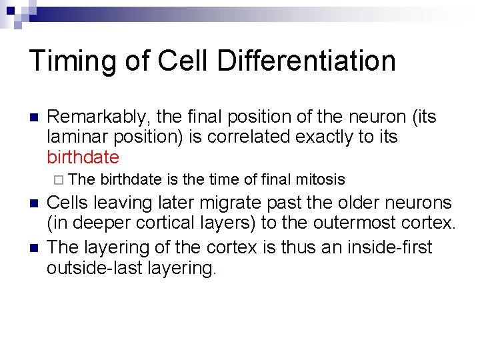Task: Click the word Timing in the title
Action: [x=73, y=61]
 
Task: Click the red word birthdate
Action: [x=83, y=157]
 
